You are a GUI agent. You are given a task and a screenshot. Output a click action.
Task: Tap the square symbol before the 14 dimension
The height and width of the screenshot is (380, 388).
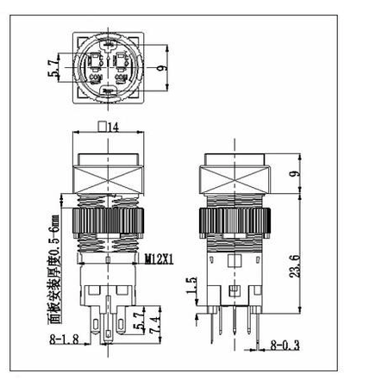coord(103,127)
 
